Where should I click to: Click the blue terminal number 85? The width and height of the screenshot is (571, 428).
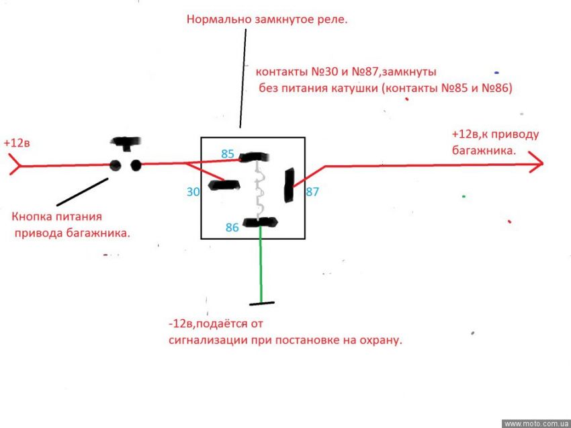228,154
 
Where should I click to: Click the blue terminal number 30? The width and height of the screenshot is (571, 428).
193,192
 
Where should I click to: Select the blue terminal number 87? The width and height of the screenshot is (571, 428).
312,191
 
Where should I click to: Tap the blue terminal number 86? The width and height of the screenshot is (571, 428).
232,228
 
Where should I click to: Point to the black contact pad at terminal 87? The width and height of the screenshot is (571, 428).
290,185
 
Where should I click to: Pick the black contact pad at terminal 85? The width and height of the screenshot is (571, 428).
254,157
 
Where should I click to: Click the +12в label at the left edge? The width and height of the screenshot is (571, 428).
16,143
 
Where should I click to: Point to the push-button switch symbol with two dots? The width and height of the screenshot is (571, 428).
126,161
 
